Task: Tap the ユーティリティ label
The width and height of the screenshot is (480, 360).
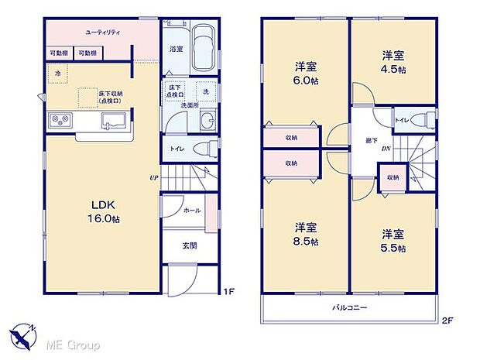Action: (x=101, y=33)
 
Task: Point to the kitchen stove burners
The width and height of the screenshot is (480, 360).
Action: (x=60, y=120)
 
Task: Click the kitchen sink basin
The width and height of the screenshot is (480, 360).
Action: (x=113, y=119)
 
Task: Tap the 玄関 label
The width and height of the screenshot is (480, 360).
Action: (x=189, y=246)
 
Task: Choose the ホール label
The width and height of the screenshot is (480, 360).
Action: (x=192, y=211)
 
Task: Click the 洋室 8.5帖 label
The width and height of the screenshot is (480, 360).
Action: (x=305, y=235)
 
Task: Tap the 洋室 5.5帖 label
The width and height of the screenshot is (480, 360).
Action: (x=393, y=240)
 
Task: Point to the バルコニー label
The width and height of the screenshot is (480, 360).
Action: (x=350, y=308)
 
